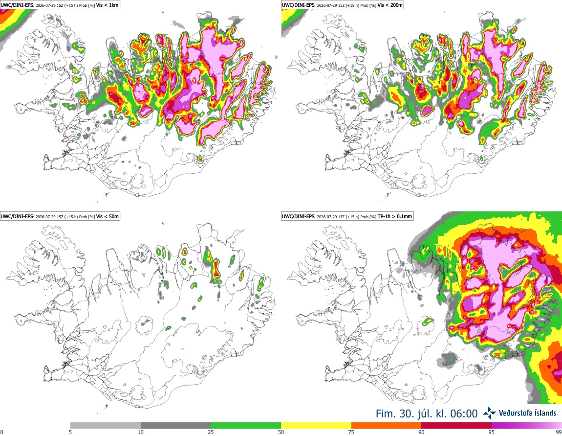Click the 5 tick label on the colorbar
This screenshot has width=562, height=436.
[70, 432]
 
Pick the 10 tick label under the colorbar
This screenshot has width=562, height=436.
[141, 432]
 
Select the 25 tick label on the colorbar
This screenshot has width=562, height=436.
[211, 432]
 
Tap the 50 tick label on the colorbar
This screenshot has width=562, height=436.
[281, 432]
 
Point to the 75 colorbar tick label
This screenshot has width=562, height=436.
[351, 432]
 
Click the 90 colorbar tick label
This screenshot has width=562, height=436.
[421, 432]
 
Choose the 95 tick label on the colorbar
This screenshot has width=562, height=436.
[492, 432]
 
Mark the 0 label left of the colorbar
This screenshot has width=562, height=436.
[2, 432]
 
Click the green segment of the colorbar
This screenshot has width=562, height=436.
[246, 425]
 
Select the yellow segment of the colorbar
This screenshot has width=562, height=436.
[316, 425]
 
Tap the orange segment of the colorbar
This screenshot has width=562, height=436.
[387, 425]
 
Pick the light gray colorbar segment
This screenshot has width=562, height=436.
[106, 425]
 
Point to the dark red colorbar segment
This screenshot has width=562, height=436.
[456, 425]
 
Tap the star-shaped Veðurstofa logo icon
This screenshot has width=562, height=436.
[489, 413]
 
